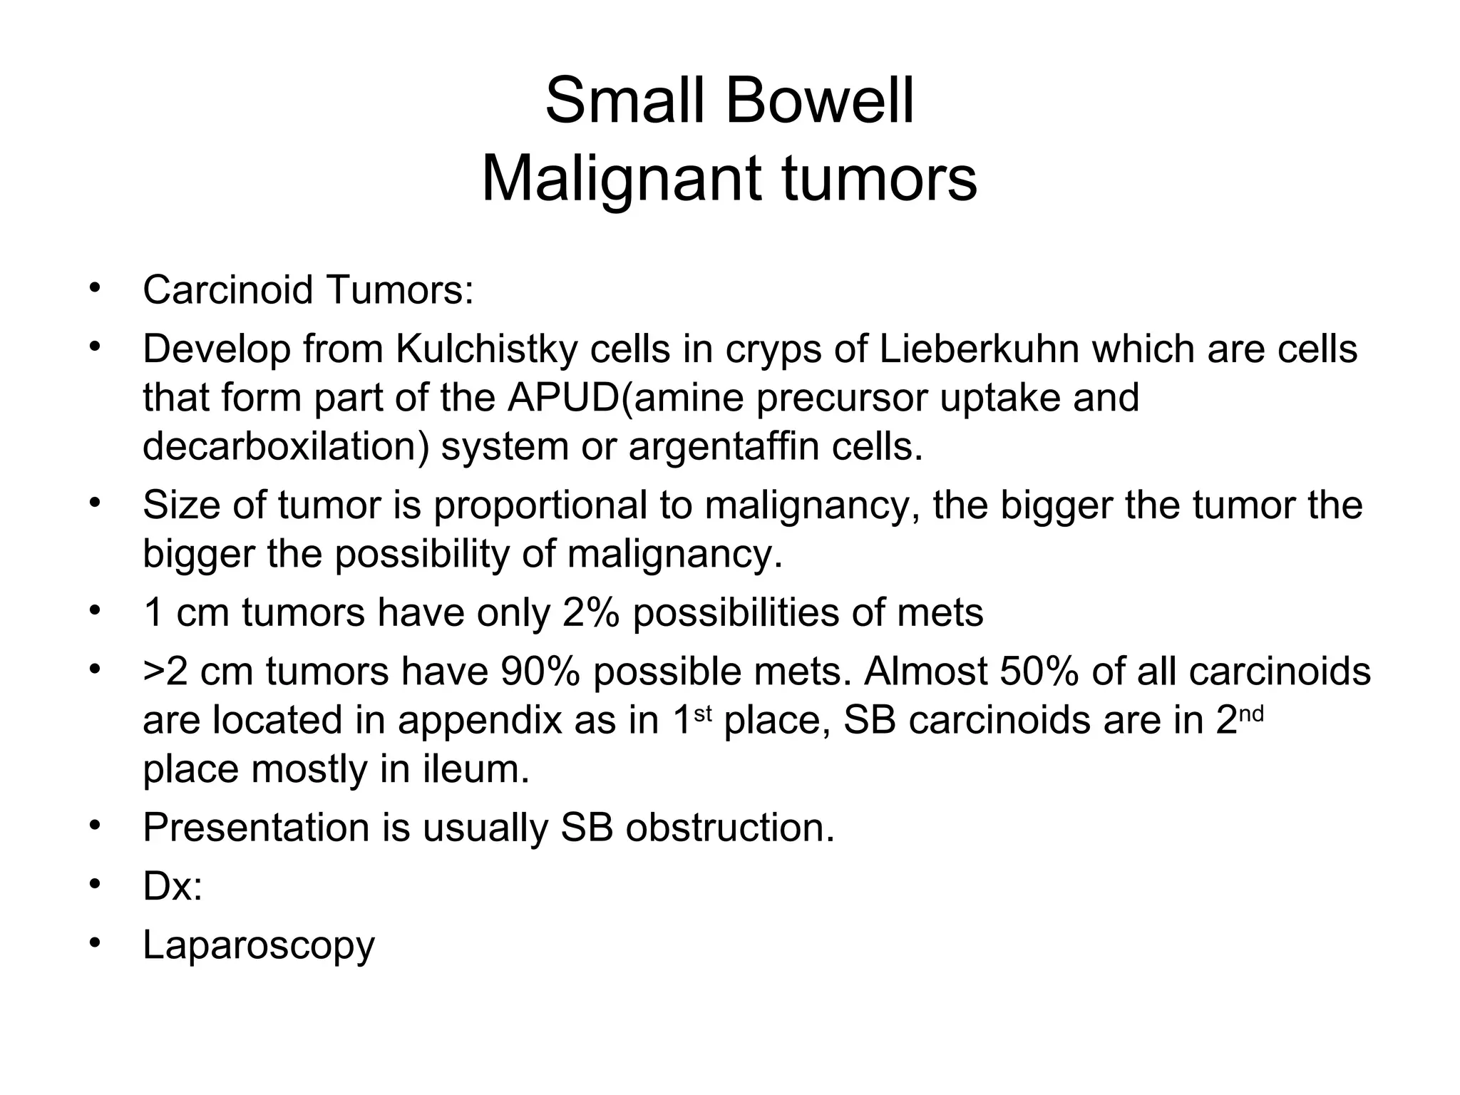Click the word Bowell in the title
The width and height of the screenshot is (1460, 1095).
pyautogui.click(x=819, y=101)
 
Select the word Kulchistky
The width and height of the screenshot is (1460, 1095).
pyautogui.click(x=486, y=349)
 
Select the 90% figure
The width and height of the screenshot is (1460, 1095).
pyautogui.click(x=540, y=672)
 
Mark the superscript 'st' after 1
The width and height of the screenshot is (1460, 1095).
pyautogui.click(x=703, y=713)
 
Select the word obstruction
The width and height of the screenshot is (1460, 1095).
pyautogui.click(x=730, y=828)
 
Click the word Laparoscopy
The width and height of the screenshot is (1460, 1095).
pyautogui.click(x=259, y=946)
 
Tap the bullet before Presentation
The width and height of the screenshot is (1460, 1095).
pyautogui.click(x=94, y=827)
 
